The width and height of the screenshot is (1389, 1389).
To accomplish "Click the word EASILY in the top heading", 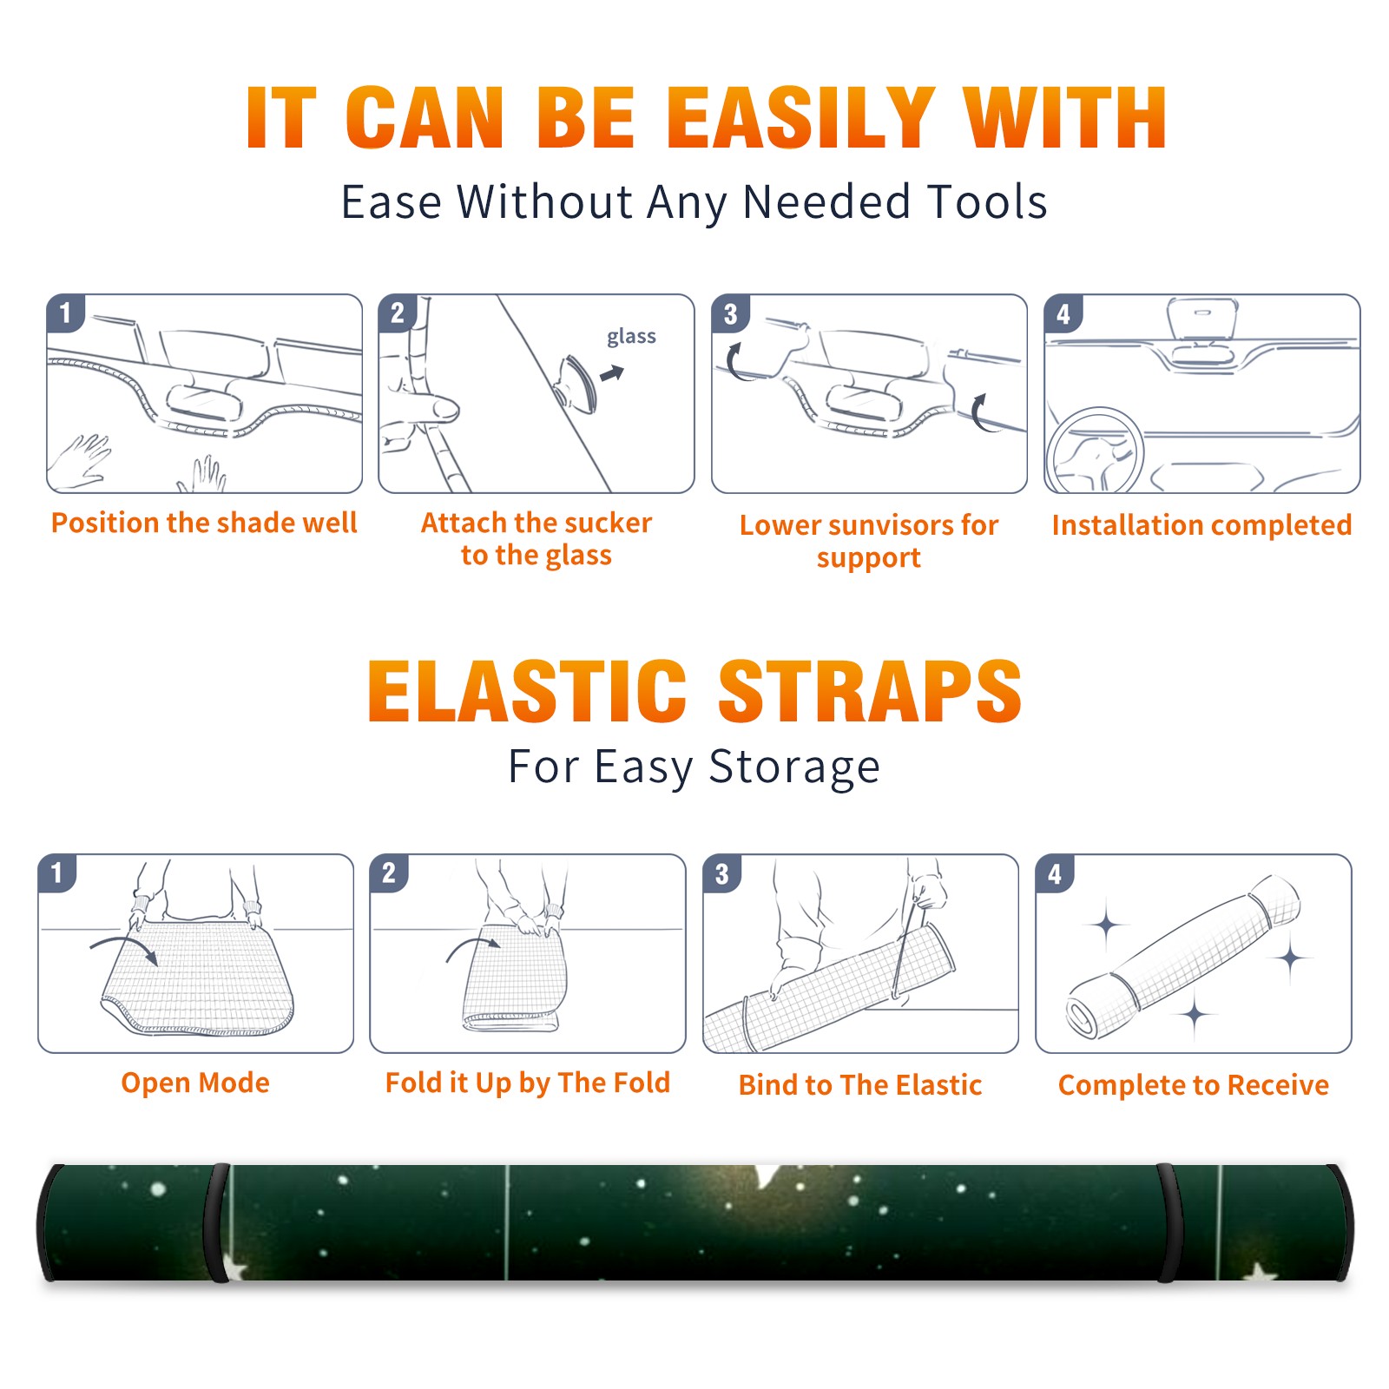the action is [801, 118].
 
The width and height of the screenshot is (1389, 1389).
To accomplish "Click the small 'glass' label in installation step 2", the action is [631, 336].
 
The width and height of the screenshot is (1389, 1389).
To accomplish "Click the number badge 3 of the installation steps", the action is [730, 313].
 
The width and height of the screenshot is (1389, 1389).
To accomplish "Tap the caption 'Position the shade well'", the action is [204, 523].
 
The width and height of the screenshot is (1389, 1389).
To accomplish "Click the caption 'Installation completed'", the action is [1201, 524].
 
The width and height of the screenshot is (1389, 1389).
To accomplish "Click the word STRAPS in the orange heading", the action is [870, 691].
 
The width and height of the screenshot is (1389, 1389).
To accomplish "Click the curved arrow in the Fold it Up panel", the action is [473, 948].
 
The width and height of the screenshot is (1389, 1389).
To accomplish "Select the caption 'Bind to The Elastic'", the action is [859, 1084].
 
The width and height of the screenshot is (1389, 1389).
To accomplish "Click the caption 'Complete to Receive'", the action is [1194, 1084].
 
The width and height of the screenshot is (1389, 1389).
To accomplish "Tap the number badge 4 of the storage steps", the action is [1055, 873].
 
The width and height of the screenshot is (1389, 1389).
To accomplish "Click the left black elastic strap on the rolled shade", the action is [216, 1222].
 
